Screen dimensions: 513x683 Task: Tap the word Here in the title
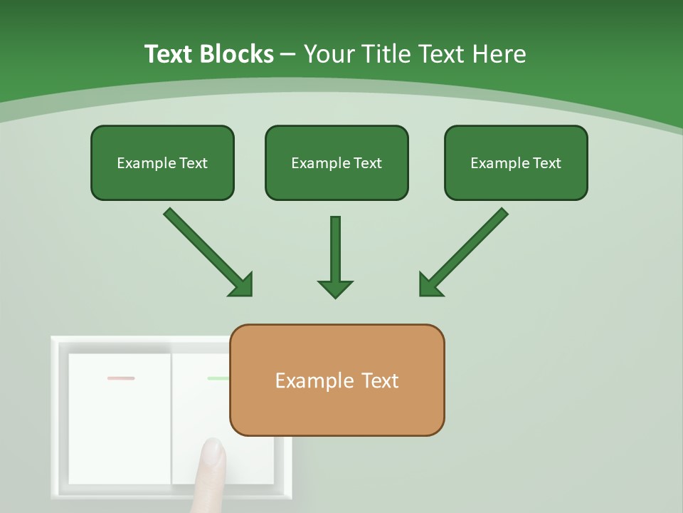499,54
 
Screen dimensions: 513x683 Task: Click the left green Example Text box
162,163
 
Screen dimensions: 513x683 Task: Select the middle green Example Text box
337,163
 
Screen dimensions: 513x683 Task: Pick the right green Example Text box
516,163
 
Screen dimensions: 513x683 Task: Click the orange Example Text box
337,380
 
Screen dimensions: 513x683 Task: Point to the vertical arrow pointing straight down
335,256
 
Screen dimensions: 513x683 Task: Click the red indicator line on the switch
121,378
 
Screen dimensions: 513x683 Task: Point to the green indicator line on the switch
218,378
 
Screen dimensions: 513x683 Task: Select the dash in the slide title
288,54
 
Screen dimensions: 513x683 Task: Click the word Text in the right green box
546,163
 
